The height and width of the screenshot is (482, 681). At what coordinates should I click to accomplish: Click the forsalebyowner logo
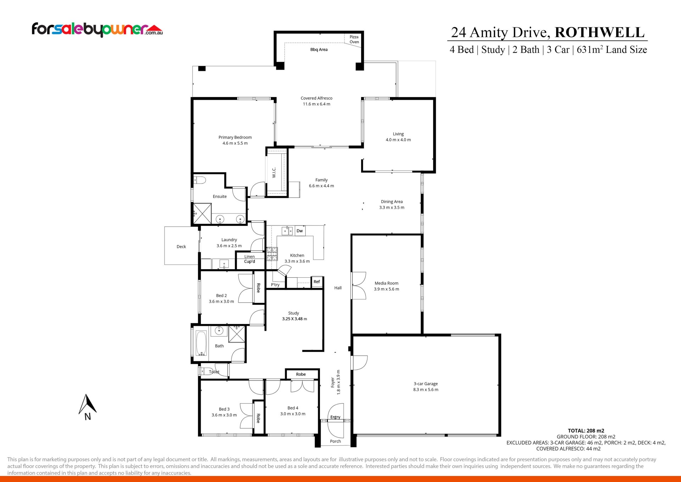[97, 29]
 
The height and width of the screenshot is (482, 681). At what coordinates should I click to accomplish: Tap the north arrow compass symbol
[87, 407]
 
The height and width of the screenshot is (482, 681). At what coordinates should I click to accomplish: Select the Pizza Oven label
[354, 39]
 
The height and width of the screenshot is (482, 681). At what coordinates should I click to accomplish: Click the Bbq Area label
[319, 50]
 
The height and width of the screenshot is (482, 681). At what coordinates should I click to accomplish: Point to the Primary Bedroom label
[235, 137]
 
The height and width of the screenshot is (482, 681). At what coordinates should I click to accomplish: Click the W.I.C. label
[274, 173]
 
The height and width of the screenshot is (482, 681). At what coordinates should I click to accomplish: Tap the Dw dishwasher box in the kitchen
[300, 231]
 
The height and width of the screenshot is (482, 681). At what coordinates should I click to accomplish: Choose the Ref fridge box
[317, 282]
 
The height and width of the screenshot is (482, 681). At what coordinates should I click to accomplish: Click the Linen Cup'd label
[249, 259]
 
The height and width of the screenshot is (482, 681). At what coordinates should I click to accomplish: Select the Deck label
[181, 247]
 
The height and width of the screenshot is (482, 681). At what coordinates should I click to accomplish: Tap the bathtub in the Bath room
[201, 343]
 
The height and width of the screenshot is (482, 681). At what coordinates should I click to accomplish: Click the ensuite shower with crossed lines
[202, 213]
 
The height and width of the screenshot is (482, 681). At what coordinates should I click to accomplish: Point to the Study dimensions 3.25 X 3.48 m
[294, 319]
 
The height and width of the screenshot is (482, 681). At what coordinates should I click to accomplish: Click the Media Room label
[386, 283]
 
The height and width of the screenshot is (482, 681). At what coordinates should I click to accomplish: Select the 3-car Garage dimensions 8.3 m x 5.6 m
[426, 390]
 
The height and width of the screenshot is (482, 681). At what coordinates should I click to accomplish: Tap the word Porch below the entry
[335, 441]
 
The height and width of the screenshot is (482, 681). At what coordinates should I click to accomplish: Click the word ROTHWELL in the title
[599, 32]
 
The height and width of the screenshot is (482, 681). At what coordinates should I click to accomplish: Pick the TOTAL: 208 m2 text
[586, 430]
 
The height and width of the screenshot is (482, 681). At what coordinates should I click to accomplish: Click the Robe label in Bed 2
[259, 288]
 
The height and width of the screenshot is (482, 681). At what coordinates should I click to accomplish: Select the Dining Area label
[392, 202]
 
